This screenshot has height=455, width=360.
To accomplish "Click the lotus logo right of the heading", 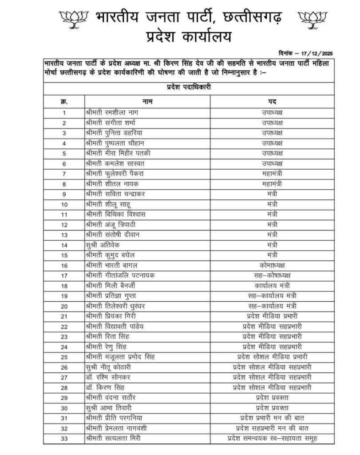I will (313, 18).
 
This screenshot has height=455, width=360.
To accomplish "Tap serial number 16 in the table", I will (64, 265).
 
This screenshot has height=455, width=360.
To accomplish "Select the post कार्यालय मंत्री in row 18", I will (272, 285).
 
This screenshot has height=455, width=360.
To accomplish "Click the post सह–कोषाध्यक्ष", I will (272, 275).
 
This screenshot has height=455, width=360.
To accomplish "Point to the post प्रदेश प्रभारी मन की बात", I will (272, 418).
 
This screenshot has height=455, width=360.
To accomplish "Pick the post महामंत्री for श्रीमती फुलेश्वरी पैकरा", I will (272, 173).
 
